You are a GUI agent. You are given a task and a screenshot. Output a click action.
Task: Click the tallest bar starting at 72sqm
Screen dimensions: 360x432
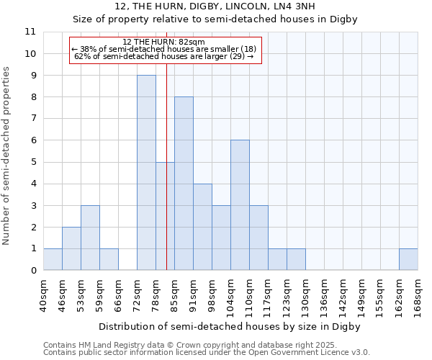(x=146, y=173)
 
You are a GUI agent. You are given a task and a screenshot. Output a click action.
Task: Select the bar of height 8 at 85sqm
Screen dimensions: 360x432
(x=184, y=184)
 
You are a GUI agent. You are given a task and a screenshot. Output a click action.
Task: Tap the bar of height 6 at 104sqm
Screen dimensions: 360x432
(x=240, y=205)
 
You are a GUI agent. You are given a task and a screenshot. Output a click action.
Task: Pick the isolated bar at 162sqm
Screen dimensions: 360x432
(x=408, y=259)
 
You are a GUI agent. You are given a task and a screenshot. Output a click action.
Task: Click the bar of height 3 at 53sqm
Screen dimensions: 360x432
(x=90, y=238)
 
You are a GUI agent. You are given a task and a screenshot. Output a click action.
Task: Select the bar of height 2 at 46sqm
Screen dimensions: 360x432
(x=71, y=248)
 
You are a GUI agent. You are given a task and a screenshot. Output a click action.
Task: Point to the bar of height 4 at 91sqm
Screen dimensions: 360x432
(x=202, y=227)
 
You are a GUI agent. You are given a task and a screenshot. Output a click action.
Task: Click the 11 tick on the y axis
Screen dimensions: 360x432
(x=30, y=32)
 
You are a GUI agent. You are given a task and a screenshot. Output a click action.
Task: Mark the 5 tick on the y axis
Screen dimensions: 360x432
(x=33, y=162)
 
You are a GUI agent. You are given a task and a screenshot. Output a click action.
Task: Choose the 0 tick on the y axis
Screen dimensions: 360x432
(x=33, y=271)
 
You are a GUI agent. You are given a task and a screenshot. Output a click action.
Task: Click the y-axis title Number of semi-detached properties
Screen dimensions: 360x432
(x=7, y=156)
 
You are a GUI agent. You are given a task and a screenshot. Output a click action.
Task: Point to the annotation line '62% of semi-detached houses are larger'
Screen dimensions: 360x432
(x=164, y=56)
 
